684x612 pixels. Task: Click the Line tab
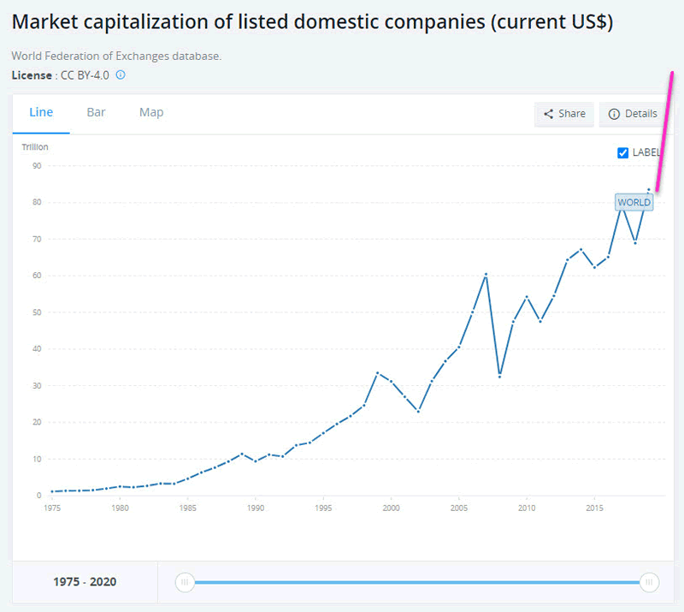(x=41, y=113)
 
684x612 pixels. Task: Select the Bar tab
(x=96, y=113)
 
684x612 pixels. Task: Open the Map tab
(x=151, y=113)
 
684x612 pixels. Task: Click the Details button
(x=633, y=114)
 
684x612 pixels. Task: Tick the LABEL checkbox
(x=622, y=153)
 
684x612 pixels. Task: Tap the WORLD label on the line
(x=634, y=203)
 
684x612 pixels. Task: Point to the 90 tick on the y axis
(x=37, y=166)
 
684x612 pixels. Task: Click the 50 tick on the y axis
(x=37, y=312)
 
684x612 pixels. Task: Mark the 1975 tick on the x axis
(x=52, y=508)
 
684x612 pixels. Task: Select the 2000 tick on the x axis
(x=391, y=508)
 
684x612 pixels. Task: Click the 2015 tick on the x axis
(x=594, y=508)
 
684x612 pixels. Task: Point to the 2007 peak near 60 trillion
(x=486, y=274)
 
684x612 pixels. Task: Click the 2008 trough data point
(x=499, y=376)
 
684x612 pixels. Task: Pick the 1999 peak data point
(x=377, y=373)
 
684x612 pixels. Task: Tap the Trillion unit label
(x=35, y=147)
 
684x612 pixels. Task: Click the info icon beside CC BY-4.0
(x=121, y=75)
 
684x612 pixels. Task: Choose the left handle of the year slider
(x=185, y=583)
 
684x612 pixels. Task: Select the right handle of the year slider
(x=650, y=583)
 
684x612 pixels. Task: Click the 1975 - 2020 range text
(x=85, y=583)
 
